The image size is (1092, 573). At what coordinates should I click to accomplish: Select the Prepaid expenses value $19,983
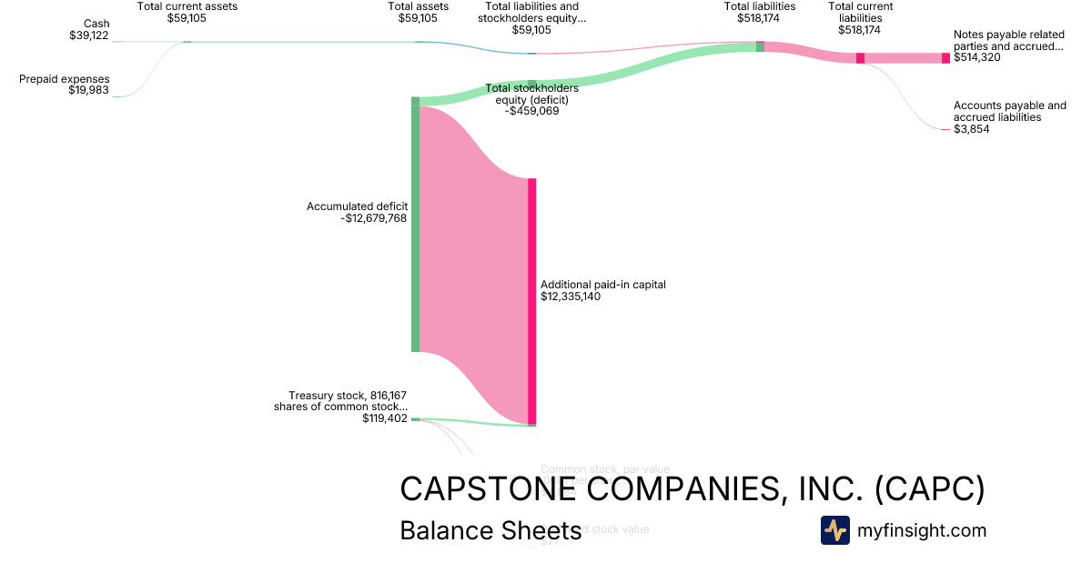pyautogui.click(x=89, y=91)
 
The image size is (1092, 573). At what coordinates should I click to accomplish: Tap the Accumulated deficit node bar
pyautogui.click(x=415, y=227)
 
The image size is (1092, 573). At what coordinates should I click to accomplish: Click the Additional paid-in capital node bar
pyautogui.click(x=531, y=300)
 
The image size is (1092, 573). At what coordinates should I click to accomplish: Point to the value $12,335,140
pyautogui.click(x=571, y=297)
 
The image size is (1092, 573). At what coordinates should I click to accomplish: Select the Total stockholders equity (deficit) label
pyautogui.click(x=532, y=95)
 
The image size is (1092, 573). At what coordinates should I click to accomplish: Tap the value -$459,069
pyautogui.click(x=532, y=112)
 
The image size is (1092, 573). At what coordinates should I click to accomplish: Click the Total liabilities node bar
pyautogui.click(x=760, y=45)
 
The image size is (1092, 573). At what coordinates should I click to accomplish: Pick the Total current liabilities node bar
pyautogui.click(x=860, y=58)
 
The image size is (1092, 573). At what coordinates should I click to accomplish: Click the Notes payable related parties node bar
pyautogui.click(x=945, y=58)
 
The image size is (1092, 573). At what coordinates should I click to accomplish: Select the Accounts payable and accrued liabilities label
pyautogui.click(x=1009, y=111)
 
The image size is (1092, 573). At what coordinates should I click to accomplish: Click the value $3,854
pyautogui.click(x=971, y=129)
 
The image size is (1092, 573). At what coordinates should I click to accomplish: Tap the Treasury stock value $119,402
pyautogui.click(x=384, y=419)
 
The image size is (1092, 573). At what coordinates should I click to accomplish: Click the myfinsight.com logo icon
pyautogui.click(x=834, y=530)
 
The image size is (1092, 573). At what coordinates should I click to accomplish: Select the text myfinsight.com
pyautogui.click(x=922, y=530)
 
